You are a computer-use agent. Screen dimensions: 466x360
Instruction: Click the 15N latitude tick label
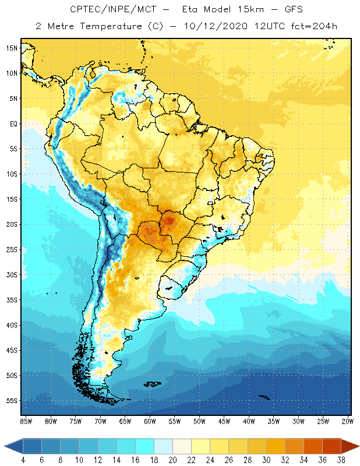(11, 48)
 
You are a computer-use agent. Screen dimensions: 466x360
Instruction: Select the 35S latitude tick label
(11, 300)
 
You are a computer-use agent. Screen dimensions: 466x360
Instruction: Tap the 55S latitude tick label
(11, 401)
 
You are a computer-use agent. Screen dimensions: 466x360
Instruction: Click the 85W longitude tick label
(26, 421)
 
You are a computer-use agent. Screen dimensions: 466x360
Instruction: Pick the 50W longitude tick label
(200, 421)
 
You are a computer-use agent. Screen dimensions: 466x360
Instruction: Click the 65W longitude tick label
(125, 421)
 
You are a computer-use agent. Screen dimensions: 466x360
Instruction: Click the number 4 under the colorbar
(23, 460)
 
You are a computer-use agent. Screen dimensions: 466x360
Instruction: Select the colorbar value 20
(172, 460)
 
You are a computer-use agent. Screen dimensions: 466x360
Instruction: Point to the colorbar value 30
(266, 460)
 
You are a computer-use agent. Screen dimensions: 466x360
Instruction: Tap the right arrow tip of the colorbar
(357, 446)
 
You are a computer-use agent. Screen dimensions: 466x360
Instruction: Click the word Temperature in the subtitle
(108, 27)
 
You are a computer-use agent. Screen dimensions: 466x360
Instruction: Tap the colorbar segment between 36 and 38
(331, 446)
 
